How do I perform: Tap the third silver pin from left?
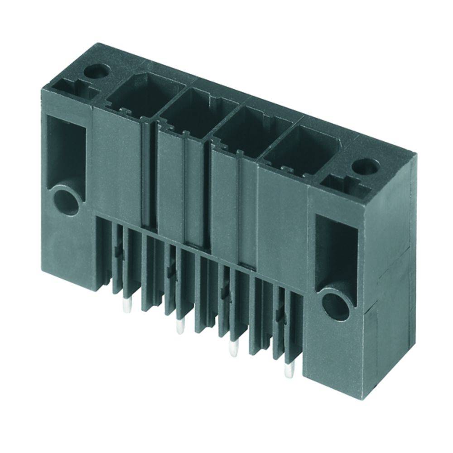pyautogui.click(x=234, y=348)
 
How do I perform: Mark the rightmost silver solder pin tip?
pyautogui.click(x=288, y=371)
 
